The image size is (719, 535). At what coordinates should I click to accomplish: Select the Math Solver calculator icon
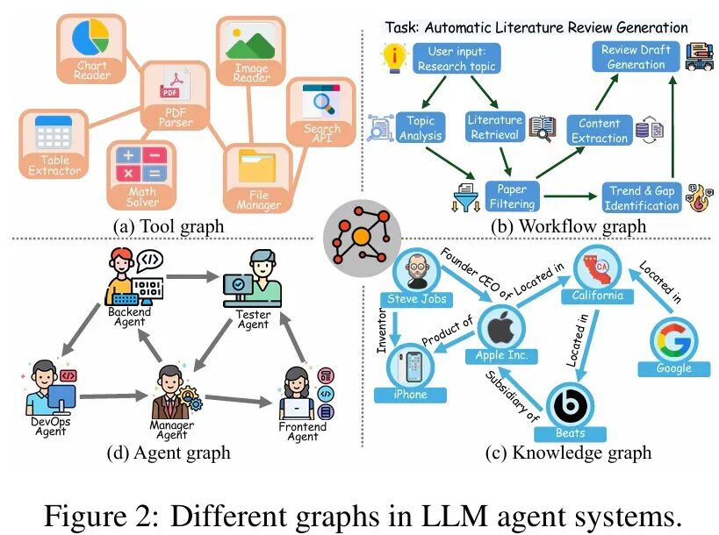coord(141,163)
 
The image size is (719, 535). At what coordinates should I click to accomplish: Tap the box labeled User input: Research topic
coord(457,59)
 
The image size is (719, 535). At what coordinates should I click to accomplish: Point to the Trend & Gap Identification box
coord(643,198)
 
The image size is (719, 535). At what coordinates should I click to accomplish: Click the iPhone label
coord(411,394)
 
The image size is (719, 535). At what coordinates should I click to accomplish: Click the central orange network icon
coord(360,238)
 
